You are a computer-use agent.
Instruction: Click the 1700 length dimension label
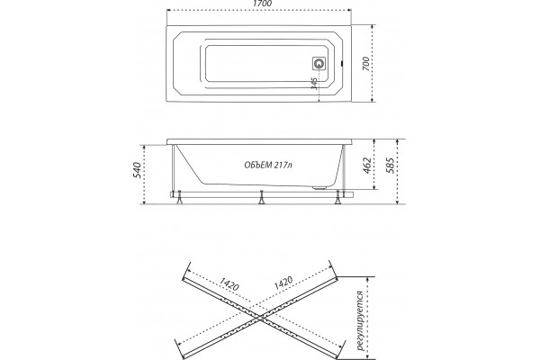(x=262, y=4)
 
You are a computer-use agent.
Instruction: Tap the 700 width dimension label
(x=366, y=64)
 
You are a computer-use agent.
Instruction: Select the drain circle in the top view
(x=319, y=63)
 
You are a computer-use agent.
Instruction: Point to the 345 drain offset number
(x=314, y=84)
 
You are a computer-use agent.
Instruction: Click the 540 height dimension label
(x=137, y=170)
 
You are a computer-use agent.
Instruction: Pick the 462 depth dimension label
(x=367, y=166)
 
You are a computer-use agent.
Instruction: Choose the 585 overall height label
(x=391, y=166)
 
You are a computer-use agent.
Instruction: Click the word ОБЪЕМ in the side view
(x=258, y=166)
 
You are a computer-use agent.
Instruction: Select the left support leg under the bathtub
(x=179, y=198)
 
